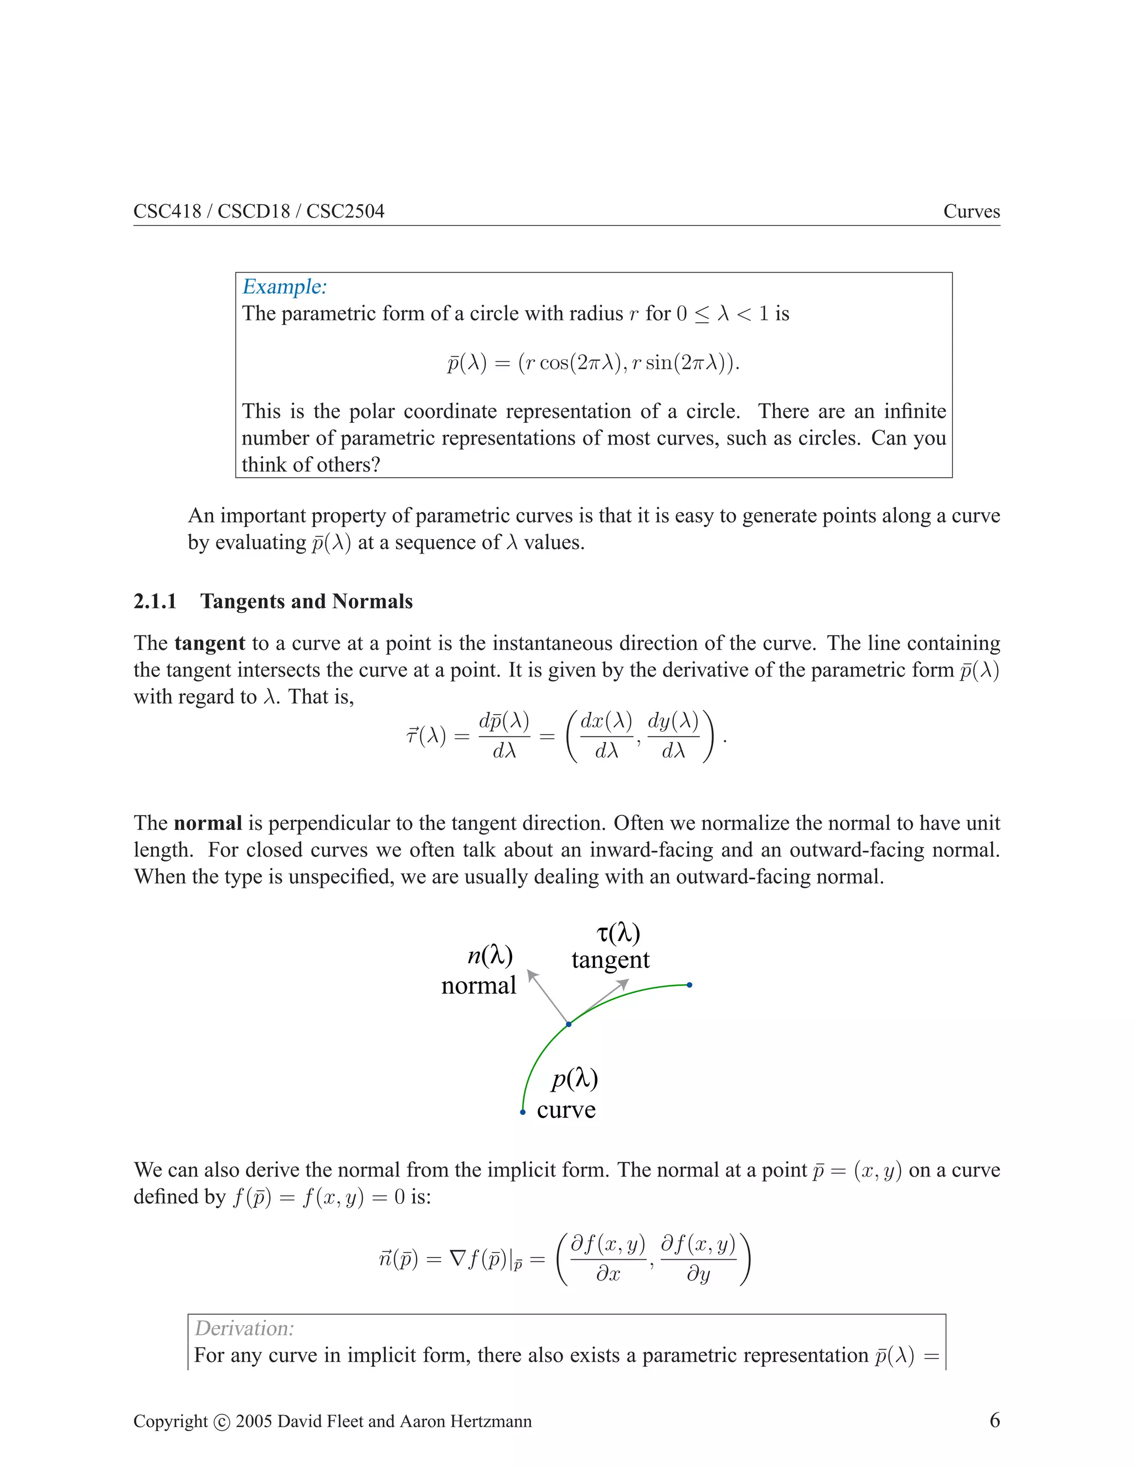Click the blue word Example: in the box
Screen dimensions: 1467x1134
tap(284, 287)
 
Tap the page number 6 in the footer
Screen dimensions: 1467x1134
tap(994, 1420)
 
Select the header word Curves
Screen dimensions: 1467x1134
tap(971, 211)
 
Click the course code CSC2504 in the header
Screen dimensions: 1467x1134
tap(346, 211)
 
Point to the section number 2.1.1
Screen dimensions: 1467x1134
tap(154, 601)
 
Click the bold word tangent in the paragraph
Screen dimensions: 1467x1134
tap(210, 643)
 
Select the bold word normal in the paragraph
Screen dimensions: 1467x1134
tap(208, 824)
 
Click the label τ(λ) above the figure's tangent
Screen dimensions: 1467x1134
tap(618, 932)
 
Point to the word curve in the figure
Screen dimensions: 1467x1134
tap(566, 1109)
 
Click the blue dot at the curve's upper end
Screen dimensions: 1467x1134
tap(689, 985)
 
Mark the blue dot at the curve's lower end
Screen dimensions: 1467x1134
tap(523, 1112)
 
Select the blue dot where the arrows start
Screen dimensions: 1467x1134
tap(569, 1024)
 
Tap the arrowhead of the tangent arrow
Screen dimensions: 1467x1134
tap(623, 984)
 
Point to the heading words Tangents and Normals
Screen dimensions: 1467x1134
tap(306, 601)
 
